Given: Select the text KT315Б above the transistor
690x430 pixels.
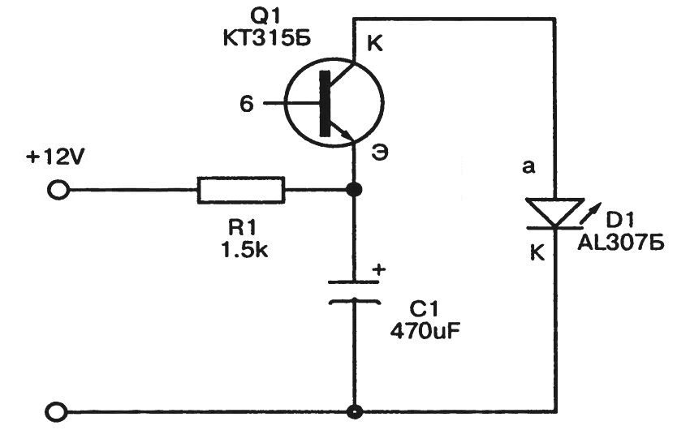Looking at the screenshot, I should point(330,41).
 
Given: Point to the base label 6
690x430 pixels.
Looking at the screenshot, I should point(247,104).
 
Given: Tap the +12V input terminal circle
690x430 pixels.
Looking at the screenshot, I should point(58,191).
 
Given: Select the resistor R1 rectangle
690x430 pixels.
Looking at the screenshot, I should point(241,191).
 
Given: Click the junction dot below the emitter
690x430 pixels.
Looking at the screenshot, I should point(353,191).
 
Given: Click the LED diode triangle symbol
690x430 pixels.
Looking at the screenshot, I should point(555,213).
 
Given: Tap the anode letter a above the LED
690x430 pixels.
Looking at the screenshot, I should point(529,167).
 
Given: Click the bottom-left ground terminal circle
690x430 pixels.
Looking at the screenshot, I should point(58,411).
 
